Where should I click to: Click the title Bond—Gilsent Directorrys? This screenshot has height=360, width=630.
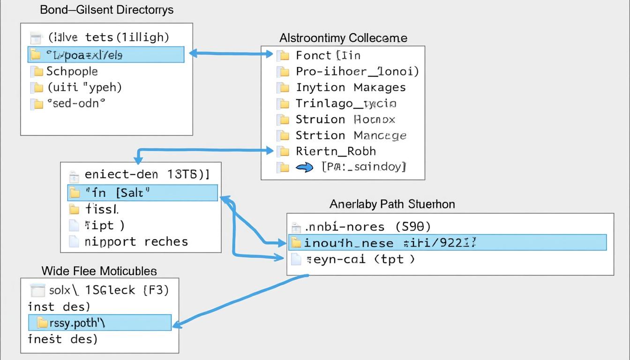[107, 10]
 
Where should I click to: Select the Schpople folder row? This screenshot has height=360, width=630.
[72, 71]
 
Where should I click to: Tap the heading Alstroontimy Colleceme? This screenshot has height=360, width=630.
[343, 38]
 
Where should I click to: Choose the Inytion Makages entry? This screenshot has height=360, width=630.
[351, 88]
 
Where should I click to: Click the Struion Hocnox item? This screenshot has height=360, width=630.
[345, 120]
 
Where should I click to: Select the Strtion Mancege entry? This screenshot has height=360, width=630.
[351, 135]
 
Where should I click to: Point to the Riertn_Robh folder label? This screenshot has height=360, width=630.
[336, 151]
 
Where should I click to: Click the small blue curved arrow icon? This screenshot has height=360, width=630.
[305, 167]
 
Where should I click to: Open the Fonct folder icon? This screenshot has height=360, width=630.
[284, 56]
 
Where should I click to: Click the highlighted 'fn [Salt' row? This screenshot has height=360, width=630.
[142, 193]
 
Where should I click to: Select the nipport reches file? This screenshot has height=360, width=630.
[136, 242]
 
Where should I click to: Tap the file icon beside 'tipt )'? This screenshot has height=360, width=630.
[74, 225]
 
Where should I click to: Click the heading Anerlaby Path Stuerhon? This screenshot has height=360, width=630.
[392, 204]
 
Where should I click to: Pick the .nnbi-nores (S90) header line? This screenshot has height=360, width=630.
[367, 227]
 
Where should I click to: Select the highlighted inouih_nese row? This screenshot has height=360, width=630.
[447, 243]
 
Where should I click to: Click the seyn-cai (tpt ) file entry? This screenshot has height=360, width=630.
[360, 259]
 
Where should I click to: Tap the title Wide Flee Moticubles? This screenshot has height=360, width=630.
[99, 271]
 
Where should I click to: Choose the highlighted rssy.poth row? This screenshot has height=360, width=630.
[99, 322]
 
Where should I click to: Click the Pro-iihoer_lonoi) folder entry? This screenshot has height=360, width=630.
[357, 72]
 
